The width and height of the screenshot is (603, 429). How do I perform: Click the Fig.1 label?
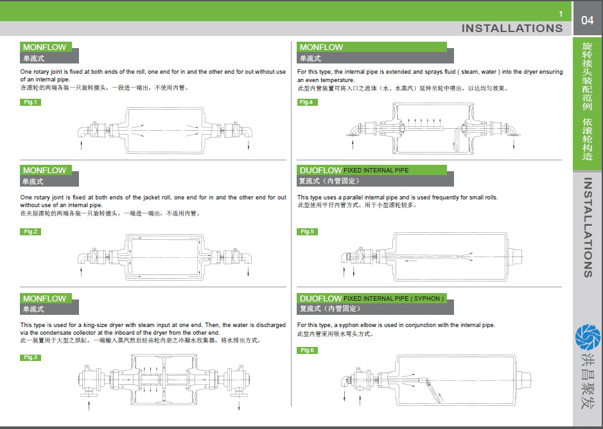pos(30,102)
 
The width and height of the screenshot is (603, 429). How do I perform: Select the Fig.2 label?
pos(30,231)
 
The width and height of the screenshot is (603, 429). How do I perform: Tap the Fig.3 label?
pos(30,358)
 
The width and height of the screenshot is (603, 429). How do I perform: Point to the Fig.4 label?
pos(307,102)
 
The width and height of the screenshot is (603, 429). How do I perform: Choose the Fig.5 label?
pos(307,231)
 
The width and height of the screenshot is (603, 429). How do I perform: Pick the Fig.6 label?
pos(307,350)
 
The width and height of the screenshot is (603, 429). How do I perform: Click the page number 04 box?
pos(587,20)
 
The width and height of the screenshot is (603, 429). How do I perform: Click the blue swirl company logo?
pos(588,337)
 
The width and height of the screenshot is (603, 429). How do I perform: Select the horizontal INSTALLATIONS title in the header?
pos(512,28)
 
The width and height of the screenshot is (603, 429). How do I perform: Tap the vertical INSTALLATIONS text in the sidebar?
pos(588,227)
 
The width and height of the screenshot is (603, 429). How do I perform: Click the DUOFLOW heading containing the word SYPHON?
pos(371,298)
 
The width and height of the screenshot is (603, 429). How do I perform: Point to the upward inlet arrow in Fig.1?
pos(82,145)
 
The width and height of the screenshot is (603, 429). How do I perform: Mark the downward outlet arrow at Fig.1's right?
pos(249,145)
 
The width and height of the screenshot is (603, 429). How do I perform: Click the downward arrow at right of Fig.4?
pos(514,144)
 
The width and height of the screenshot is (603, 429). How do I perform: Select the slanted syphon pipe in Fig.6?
pos(434,391)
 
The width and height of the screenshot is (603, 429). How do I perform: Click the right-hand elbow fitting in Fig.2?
pos(247,257)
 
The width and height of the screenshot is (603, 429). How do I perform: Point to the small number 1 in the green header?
pos(561,14)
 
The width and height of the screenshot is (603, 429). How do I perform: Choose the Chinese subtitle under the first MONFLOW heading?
pos(33,58)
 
